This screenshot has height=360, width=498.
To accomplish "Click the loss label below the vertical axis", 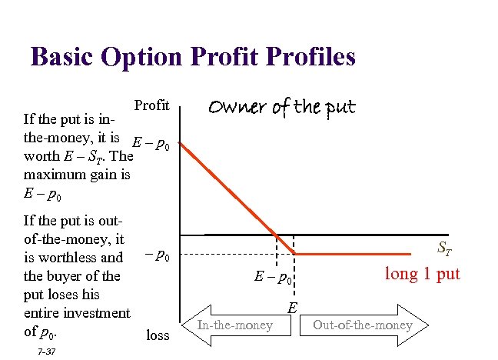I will coord(158,335).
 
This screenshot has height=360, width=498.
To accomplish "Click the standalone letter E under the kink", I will coord(292,307).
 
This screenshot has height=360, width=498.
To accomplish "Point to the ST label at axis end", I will coord(445,248).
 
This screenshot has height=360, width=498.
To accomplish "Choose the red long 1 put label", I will coord(422,273).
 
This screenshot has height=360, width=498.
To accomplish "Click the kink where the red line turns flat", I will coord(296,254).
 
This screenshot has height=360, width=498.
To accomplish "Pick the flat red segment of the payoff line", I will coord(361,254).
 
